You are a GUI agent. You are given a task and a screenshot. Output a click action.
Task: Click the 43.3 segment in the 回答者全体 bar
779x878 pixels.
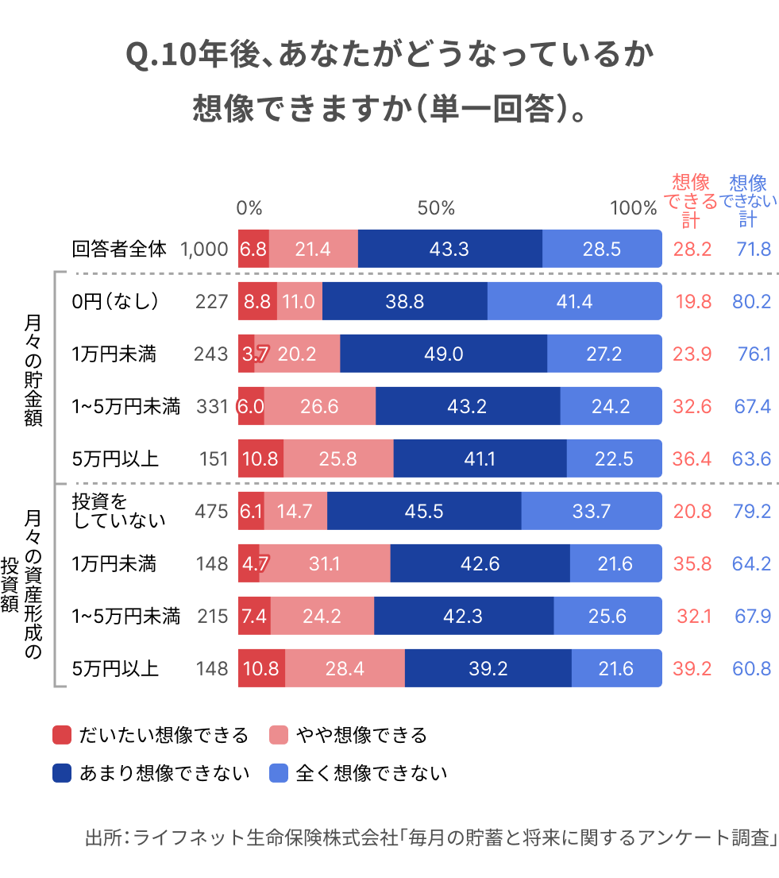449,249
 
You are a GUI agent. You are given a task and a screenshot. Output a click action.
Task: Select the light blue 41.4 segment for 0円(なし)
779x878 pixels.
574,301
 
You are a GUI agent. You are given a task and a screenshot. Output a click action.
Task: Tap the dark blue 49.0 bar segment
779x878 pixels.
443,354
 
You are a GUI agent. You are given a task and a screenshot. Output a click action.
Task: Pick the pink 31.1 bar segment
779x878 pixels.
324,563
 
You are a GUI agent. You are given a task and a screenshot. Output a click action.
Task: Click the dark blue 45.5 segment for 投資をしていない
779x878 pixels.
424,511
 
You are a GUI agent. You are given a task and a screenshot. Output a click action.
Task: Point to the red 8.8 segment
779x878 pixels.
256,301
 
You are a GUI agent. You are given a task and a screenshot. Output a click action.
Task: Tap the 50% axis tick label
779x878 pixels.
436,208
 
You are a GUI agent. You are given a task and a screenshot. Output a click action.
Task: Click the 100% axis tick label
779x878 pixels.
633,208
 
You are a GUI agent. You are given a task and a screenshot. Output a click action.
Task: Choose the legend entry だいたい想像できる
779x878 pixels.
151,735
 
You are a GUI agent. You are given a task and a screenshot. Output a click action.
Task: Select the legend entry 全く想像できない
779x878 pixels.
358,772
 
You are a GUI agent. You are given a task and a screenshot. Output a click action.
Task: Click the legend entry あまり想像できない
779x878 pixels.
151,772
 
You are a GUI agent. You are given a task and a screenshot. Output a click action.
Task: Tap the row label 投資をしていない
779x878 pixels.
119,511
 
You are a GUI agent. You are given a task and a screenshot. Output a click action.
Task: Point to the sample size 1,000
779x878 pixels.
204,249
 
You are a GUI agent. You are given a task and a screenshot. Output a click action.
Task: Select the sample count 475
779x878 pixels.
211,511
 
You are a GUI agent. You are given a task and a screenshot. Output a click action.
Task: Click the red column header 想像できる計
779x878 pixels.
690,200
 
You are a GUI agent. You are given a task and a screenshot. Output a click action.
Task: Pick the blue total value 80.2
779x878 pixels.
752,301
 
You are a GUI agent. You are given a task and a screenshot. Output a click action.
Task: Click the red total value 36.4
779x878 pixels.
692,458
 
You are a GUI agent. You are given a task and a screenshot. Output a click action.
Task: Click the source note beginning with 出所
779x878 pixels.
430,838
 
